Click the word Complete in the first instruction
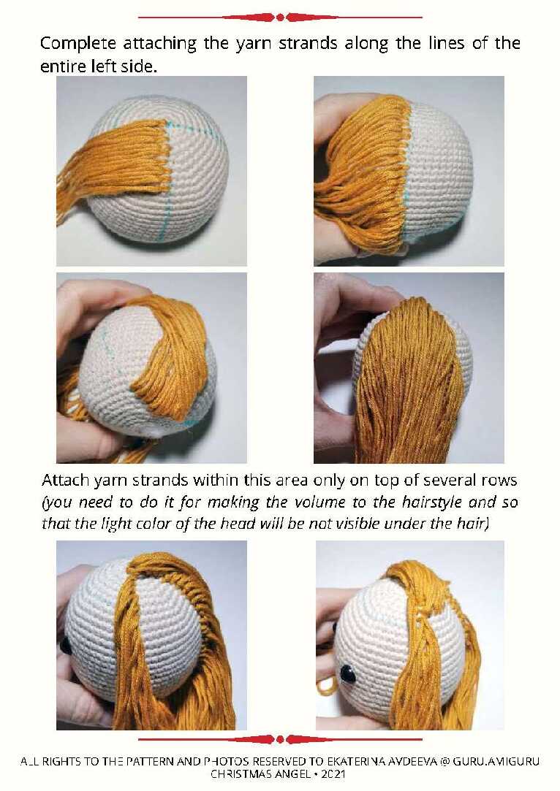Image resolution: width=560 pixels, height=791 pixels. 77,44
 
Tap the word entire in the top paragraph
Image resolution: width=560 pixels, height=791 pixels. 64,66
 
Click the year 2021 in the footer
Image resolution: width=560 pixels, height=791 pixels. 333,774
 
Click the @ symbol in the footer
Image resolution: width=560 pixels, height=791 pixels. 444,762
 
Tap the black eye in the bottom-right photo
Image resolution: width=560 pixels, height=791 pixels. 347,673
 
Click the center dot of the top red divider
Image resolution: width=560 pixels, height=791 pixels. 280,18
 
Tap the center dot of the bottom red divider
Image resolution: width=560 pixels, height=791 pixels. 280,740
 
